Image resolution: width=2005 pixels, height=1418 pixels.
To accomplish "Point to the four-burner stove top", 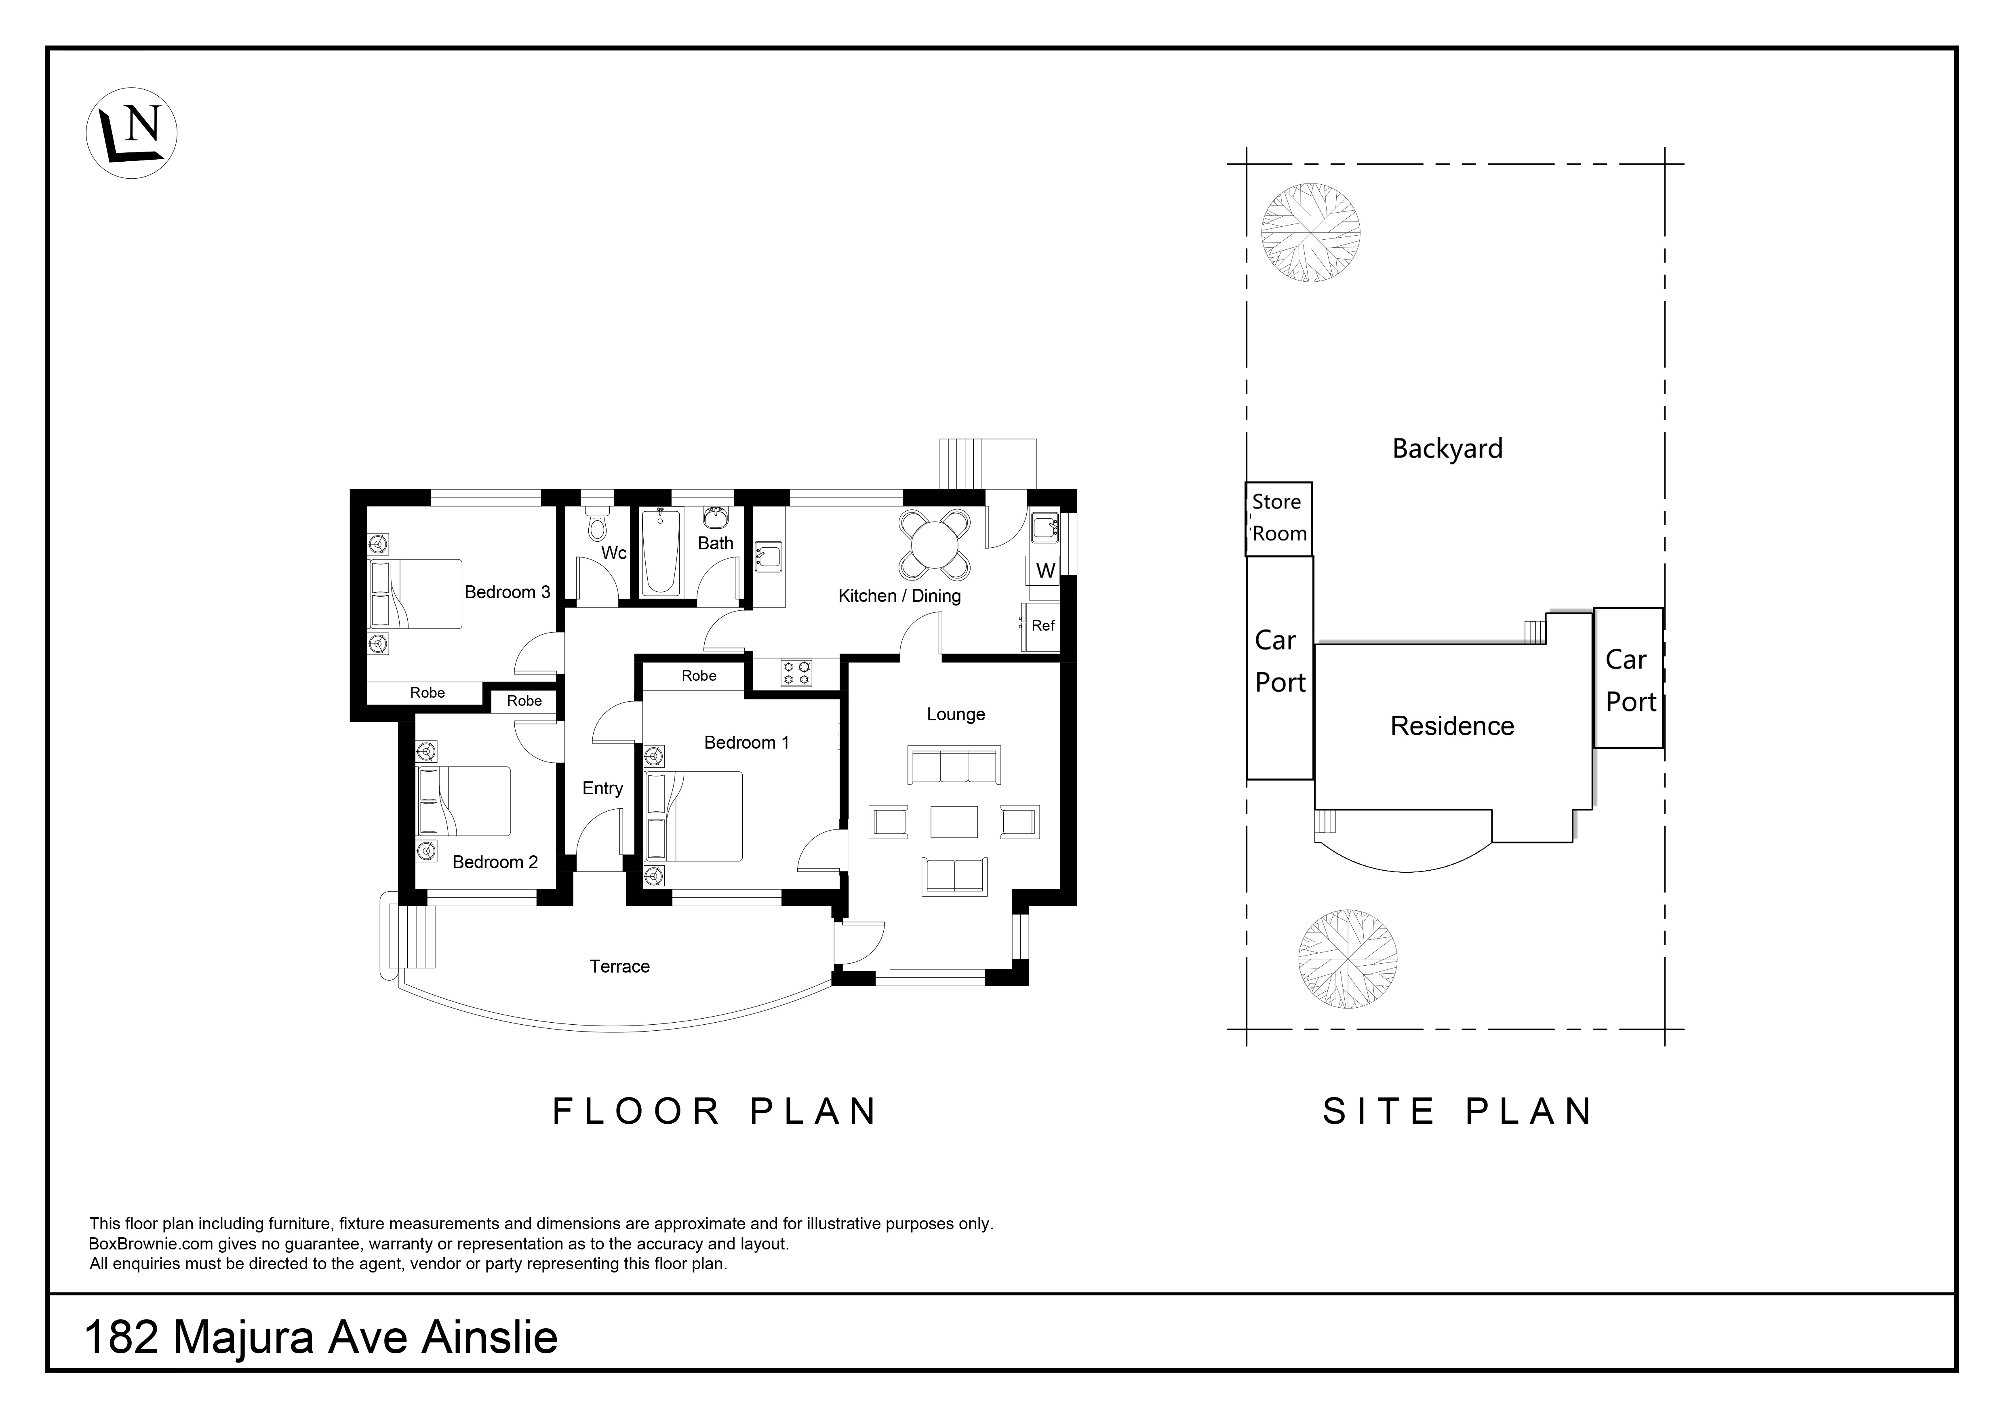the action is [x=796, y=673].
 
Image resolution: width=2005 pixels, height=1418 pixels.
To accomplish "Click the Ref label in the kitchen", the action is [x=1043, y=626].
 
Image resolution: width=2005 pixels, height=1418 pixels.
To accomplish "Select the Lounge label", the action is [x=955, y=715].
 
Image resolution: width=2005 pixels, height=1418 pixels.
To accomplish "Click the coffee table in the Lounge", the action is [x=954, y=821].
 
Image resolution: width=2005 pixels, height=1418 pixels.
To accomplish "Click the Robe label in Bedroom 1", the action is [x=699, y=675].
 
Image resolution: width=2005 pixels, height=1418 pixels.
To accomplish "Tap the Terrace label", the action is [x=619, y=966].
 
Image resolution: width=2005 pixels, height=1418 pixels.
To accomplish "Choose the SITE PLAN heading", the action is [x=1457, y=1111].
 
